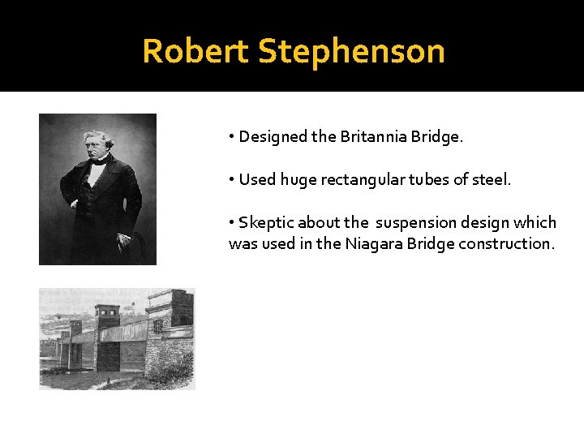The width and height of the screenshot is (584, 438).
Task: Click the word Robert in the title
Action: click(195, 51)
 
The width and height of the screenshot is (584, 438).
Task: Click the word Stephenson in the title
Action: click(351, 51)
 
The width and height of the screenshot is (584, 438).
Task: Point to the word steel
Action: click(492, 180)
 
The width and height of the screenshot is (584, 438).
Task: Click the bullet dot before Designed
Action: click(232, 137)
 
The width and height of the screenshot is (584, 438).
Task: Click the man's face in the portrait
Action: click(97, 145)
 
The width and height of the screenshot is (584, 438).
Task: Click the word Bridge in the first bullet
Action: click(439, 137)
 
